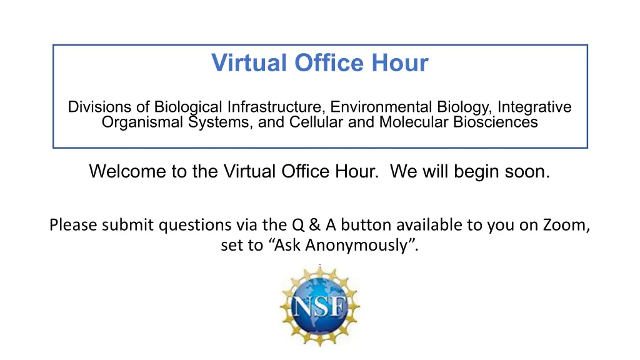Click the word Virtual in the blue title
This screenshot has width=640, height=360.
pyautogui.click(x=249, y=62)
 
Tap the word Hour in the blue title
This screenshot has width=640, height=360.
pyautogui.click(x=400, y=62)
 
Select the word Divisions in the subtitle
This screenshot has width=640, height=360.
pyautogui.click(x=99, y=107)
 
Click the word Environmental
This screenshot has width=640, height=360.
pyautogui.click(x=381, y=107)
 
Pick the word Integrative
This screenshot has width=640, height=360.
pyautogui.click(x=534, y=107)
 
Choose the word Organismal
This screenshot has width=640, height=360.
pyautogui.click(x=142, y=122)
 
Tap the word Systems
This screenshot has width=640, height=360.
pyautogui.click(x=220, y=122)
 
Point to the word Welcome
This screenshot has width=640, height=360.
pyautogui.click(x=127, y=171)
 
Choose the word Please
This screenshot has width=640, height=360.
pyautogui.click(x=72, y=225)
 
